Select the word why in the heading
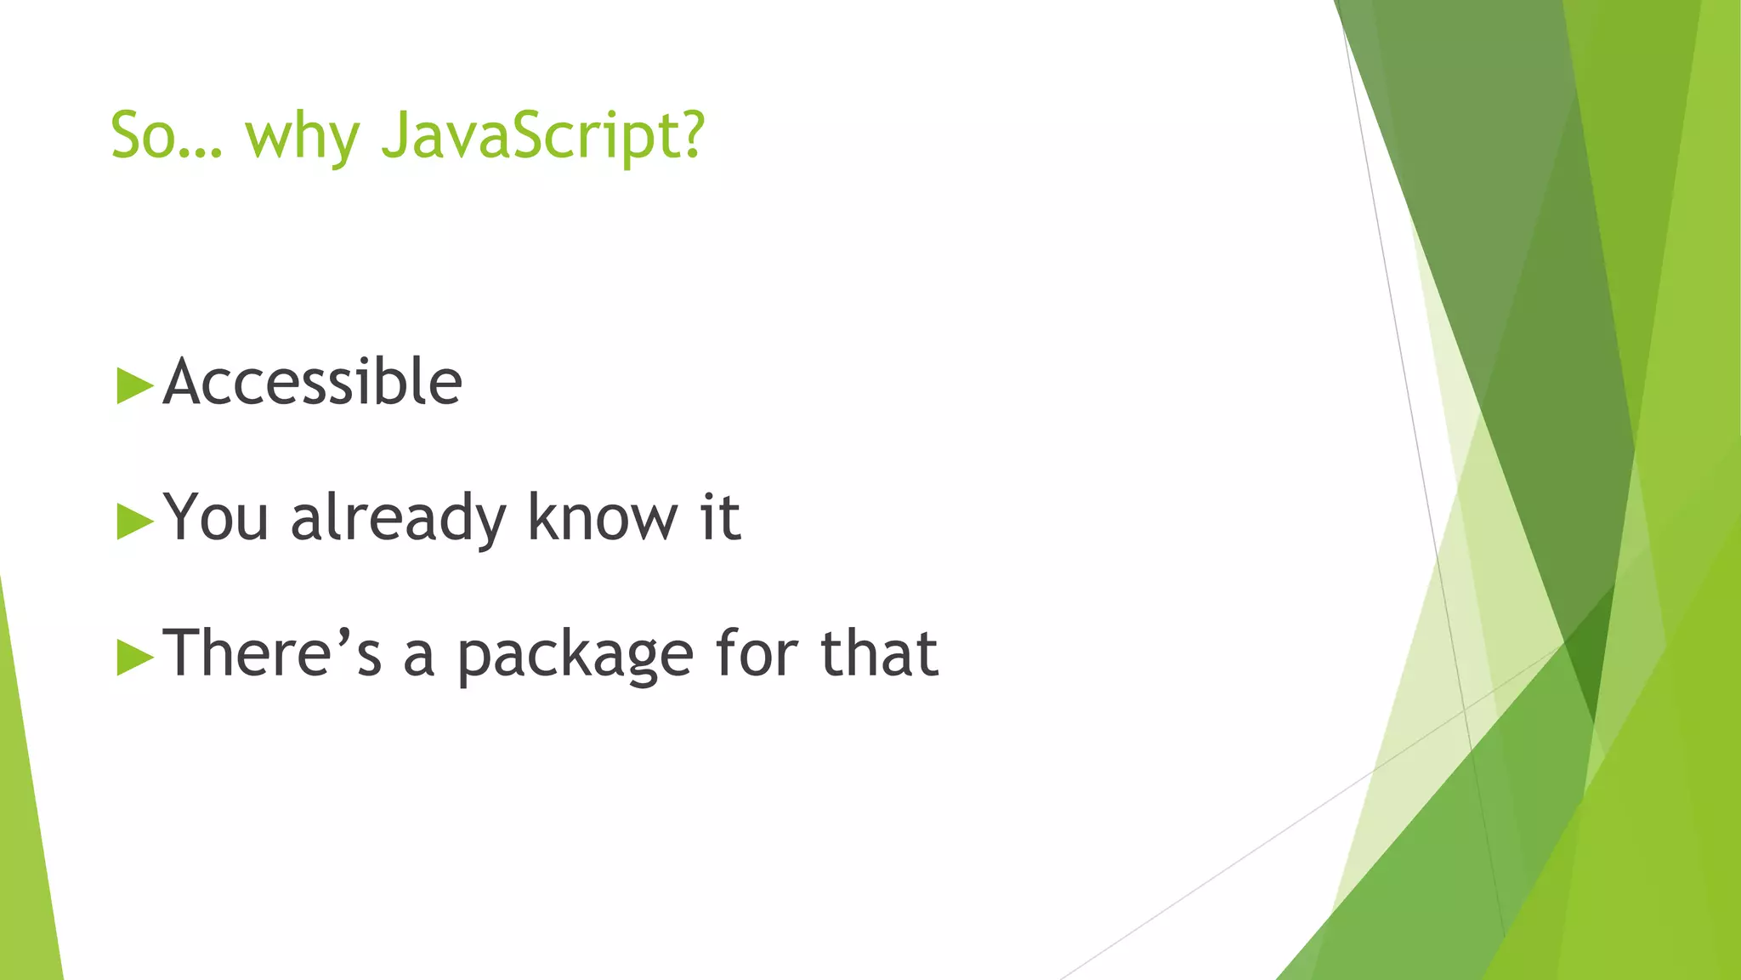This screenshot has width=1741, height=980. click(x=303, y=138)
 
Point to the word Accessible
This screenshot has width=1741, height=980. click(x=312, y=382)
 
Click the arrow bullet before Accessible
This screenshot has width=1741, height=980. click(x=134, y=385)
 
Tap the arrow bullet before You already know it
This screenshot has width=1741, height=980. click(x=134, y=521)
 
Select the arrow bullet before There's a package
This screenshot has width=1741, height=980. click(x=134, y=656)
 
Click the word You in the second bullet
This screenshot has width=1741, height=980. click(x=216, y=517)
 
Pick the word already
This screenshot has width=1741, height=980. click(x=399, y=519)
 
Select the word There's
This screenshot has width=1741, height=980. click(x=272, y=653)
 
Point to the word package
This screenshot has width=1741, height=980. click(x=576, y=657)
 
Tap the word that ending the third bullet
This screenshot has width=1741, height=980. click(x=879, y=653)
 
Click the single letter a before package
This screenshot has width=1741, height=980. click(x=418, y=657)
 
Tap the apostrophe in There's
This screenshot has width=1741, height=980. click(x=344, y=634)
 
